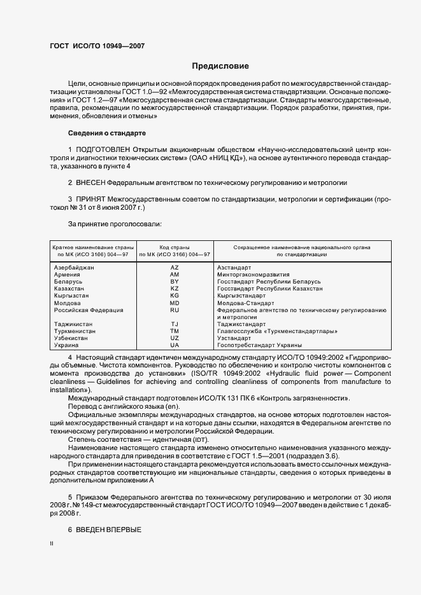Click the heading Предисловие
[x=220, y=66]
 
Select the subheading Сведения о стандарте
[x=107, y=133]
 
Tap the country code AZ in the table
[x=175, y=268]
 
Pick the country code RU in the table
[x=175, y=310]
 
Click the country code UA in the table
[x=175, y=345]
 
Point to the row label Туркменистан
[x=75, y=331]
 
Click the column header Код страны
[x=175, y=246]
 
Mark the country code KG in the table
[x=175, y=296]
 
